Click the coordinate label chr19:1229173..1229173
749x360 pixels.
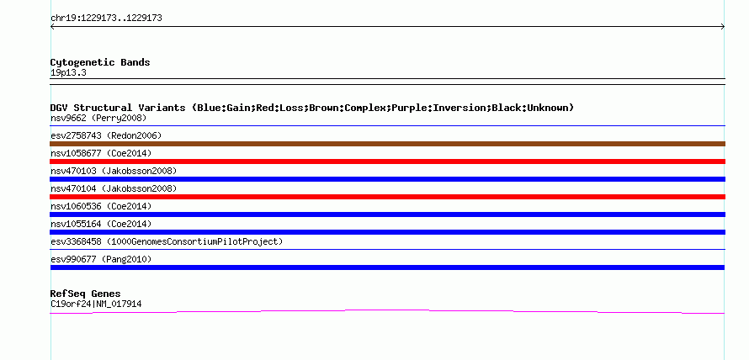[x=106, y=19]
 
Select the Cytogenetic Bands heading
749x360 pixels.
[x=100, y=62]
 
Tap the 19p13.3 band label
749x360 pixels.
[x=68, y=73]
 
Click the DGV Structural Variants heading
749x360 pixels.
[x=312, y=108]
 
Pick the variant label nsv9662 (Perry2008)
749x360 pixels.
[x=98, y=118]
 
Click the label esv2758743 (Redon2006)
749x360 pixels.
[x=106, y=135]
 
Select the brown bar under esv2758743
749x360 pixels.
[x=387, y=144]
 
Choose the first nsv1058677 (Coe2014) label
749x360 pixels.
[x=101, y=153]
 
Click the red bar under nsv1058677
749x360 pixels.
[x=387, y=161]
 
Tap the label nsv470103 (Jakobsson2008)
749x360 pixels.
[x=114, y=171]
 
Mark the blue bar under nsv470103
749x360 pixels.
[x=387, y=179]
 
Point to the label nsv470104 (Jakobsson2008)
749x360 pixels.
[x=114, y=188]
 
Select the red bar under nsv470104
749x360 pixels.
[x=387, y=197]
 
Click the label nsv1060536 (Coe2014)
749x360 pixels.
[x=101, y=206]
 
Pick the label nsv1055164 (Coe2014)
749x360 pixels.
[x=101, y=224]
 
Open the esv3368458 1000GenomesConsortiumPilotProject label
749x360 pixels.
[x=167, y=241]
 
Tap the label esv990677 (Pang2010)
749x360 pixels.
[x=101, y=259]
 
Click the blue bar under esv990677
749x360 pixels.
[x=387, y=267]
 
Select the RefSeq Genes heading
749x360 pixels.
[x=86, y=294]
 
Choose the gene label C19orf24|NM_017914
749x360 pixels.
[x=96, y=304]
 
